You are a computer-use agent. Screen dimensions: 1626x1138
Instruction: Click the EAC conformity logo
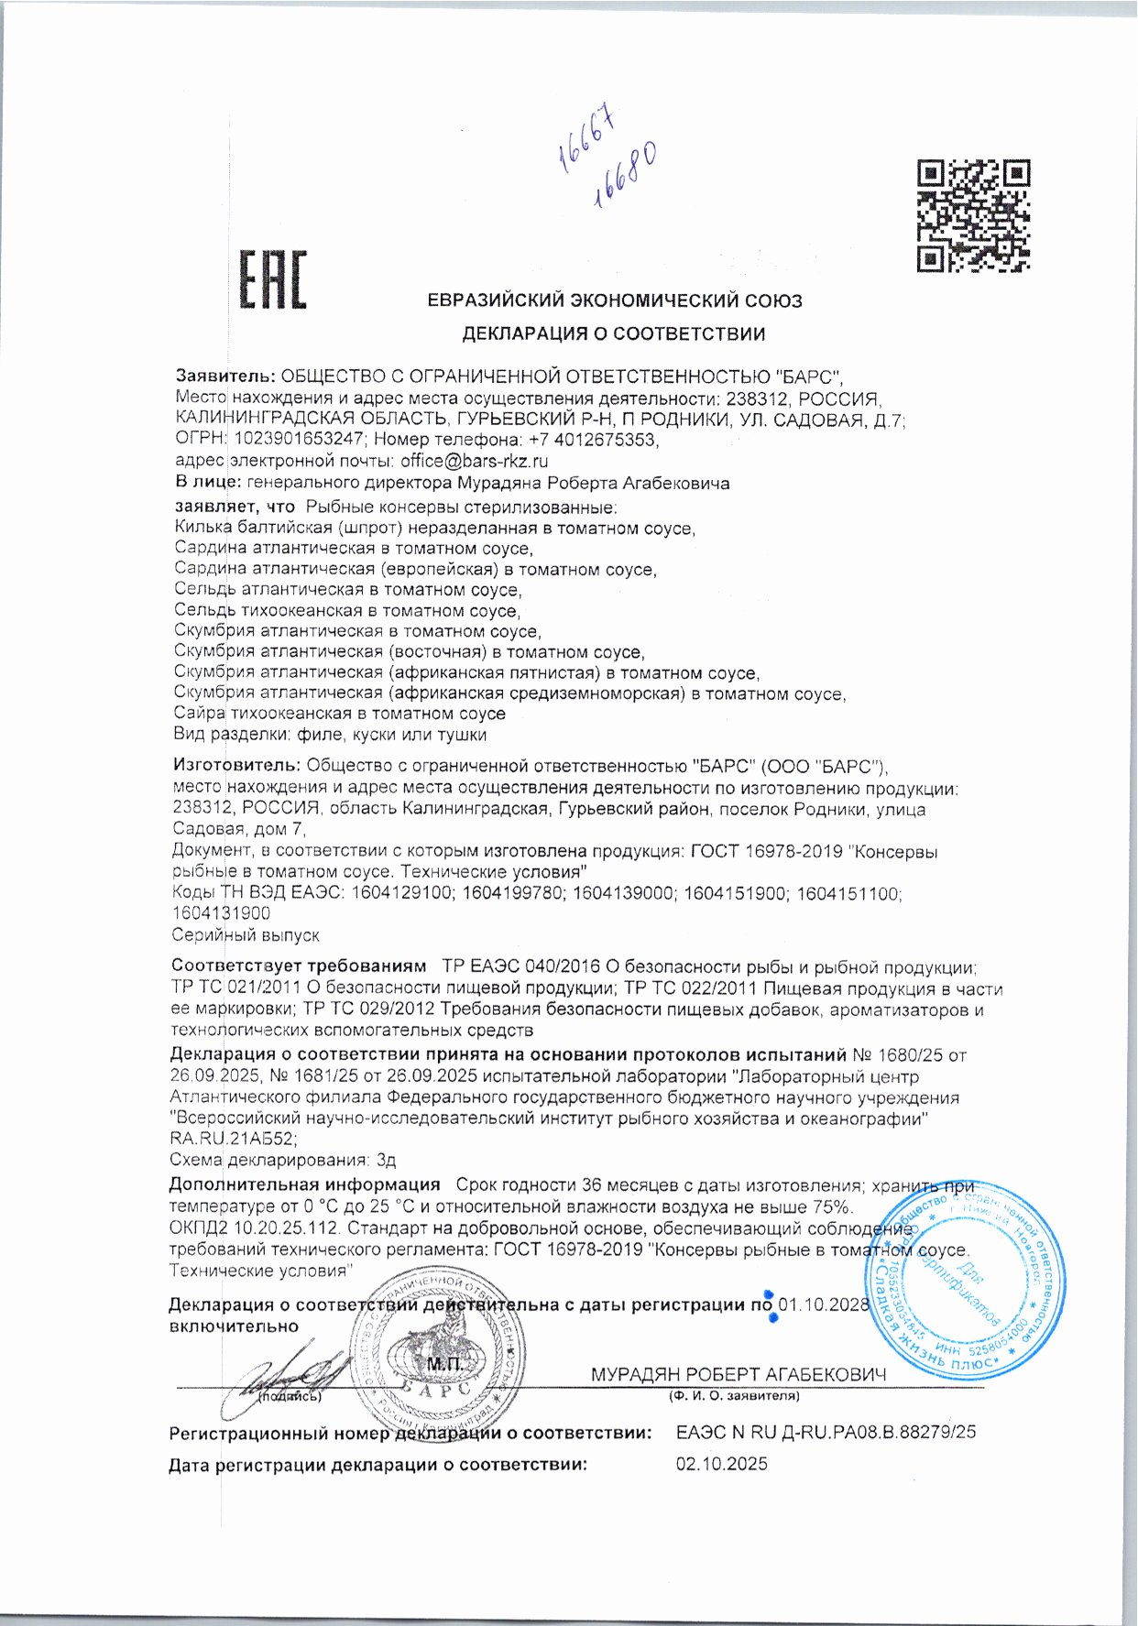273,280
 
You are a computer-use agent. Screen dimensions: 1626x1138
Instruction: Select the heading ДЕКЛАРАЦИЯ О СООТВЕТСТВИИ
613,333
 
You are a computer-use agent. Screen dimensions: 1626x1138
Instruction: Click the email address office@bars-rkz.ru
475,461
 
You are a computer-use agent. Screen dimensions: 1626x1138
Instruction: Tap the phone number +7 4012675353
593,440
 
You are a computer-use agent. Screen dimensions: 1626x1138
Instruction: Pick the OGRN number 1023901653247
301,440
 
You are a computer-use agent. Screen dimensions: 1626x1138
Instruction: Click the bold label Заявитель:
224,376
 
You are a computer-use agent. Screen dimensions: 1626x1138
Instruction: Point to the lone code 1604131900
221,913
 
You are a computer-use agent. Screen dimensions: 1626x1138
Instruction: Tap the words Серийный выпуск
246,935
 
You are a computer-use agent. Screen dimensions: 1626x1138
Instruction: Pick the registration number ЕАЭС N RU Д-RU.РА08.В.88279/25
826,1432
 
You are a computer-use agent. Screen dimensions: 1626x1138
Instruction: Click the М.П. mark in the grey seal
446,1364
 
